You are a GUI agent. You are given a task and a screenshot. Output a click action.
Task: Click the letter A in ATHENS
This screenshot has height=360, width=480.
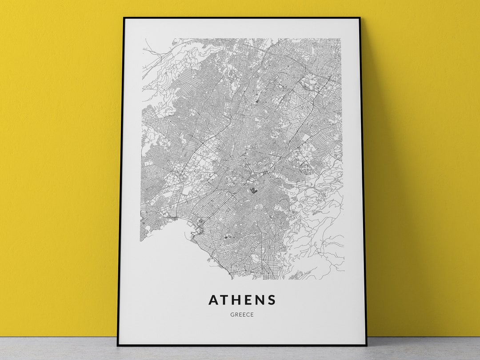[x=214, y=300]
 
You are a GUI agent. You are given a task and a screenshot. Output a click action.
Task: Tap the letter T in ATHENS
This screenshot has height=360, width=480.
[x=226, y=300]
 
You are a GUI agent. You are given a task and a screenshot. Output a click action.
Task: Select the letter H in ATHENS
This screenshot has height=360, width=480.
[x=238, y=300]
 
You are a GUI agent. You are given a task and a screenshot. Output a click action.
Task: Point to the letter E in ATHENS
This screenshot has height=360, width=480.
[x=249, y=300]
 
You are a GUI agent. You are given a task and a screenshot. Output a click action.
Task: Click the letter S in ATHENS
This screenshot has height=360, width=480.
[x=272, y=300]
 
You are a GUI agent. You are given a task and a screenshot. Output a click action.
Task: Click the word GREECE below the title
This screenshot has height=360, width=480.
[x=242, y=315]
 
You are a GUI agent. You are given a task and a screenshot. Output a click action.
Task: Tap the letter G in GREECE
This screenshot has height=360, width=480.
[x=232, y=315]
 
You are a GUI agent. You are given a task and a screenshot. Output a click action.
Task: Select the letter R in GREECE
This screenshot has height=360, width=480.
[x=236, y=315]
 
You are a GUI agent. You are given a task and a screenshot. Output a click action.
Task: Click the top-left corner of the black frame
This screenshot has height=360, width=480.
[x=124, y=18]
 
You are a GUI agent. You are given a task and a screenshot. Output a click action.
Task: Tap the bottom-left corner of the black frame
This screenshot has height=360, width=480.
[x=118, y=345]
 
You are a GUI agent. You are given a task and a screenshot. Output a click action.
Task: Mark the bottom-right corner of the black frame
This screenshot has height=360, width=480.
[x=366, y=345]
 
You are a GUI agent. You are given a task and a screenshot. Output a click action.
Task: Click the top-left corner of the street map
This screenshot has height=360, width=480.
[x=143, y=39]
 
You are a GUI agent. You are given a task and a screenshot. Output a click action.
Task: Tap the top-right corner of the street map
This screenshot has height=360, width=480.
[x=340, y=39]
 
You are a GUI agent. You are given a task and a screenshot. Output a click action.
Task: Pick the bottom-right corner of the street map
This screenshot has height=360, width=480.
[x=344, y=279]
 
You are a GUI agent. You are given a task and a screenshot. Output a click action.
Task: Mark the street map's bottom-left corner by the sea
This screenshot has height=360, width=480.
[x=141, y=240]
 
